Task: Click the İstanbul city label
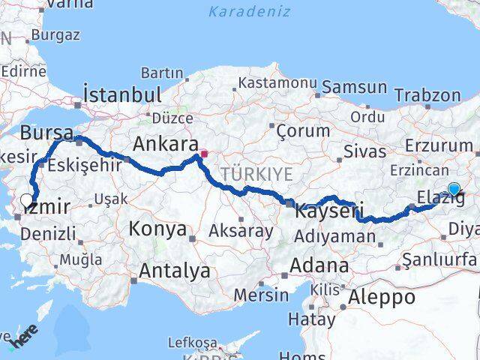click(x=123, y=95)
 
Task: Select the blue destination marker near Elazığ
click(x=454, y=189)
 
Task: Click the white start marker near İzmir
click(x=27, y=200)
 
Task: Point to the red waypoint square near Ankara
click(x=203, y=155)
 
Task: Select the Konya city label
click(x=157, y=229)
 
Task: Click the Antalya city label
click(x=172, y=271)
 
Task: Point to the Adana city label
click(x=321, y=265)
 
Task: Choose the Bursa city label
click(x=46, y=133)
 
